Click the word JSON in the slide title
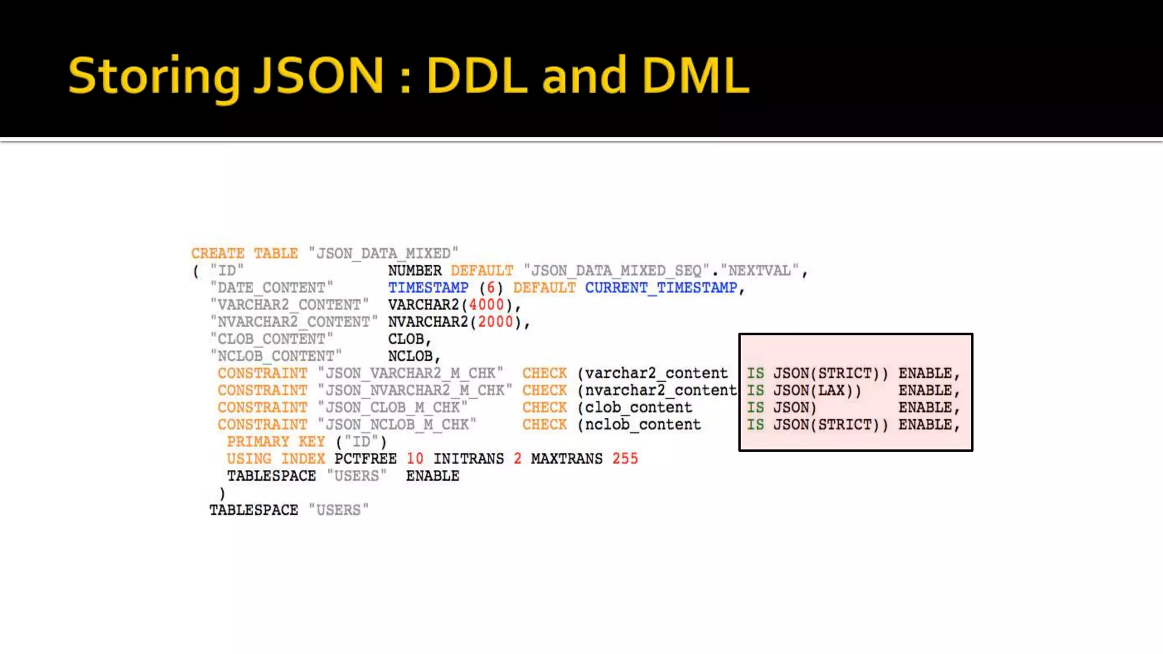click(319, 76)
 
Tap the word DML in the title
click(696, 76)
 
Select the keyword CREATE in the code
click(217, 253)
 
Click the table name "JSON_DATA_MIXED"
click(383, 253)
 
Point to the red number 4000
click(486, 305)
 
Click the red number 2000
click(495, 322)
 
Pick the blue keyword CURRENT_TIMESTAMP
click(661, 288)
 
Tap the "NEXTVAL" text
click(760, 270)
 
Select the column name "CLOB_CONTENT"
click(271, 339)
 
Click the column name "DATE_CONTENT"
click(271, 288)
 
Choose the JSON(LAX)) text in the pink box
click(817, 391)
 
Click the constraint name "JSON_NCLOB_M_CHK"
click(397, 425)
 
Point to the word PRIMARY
click(258, 442)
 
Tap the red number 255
click(625, 459)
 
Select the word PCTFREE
click(365, 459)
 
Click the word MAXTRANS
click(567, 459)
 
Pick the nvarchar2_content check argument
click(660, 391)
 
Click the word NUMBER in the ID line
click(415, 270)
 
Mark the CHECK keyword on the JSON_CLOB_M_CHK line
click(545, 408)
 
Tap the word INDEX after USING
click(303, 459)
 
